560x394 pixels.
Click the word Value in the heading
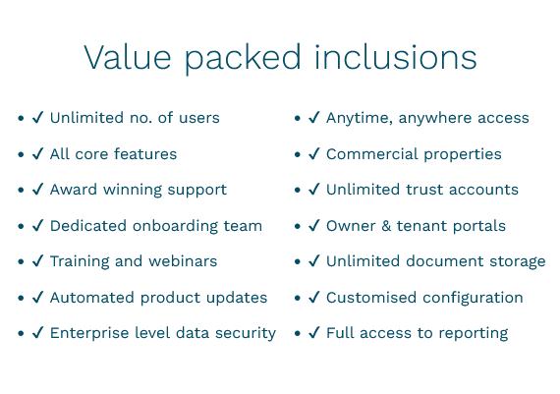pyautogui.click(x=127, y=57)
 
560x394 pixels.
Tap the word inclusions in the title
pyautogui.click(x=396, y=56)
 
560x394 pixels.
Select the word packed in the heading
pyautogui.click(x=243, y=59)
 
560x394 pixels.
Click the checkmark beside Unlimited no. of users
pyautogui.click(x=38, y=117)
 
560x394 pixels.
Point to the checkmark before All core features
pyautogui.click(x=38, y=153)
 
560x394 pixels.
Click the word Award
pyautogui.click(x=74, y=190)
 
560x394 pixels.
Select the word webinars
pyautogui.click(x=183, y=261)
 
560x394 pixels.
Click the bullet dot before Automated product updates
pyautogui.click(x=21, y=298)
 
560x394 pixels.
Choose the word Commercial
pyautogui.click(x=372, y=154)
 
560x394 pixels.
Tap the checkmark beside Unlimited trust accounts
pyautogui.click(x=314, y=189)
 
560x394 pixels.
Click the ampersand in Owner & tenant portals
pyautogui.click(x=386, y=226)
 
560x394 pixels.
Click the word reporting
pyautogui.click(x=474, y=334)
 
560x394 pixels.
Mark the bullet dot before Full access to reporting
pyautogui.click(x=298, y=333)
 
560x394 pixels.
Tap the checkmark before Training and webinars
pyautogui.click(x=38, y=260)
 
